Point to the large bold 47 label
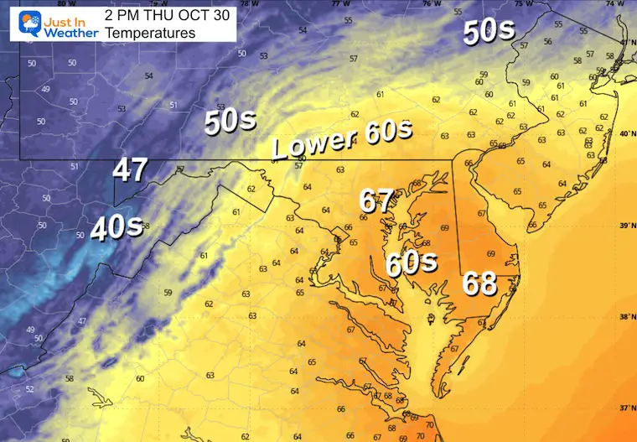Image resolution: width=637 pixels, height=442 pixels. [131, 172]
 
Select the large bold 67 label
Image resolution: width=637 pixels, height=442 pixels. [376, 201]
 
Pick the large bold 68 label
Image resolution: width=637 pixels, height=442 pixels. [481, 285]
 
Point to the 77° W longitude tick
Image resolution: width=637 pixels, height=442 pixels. [340, 4]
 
